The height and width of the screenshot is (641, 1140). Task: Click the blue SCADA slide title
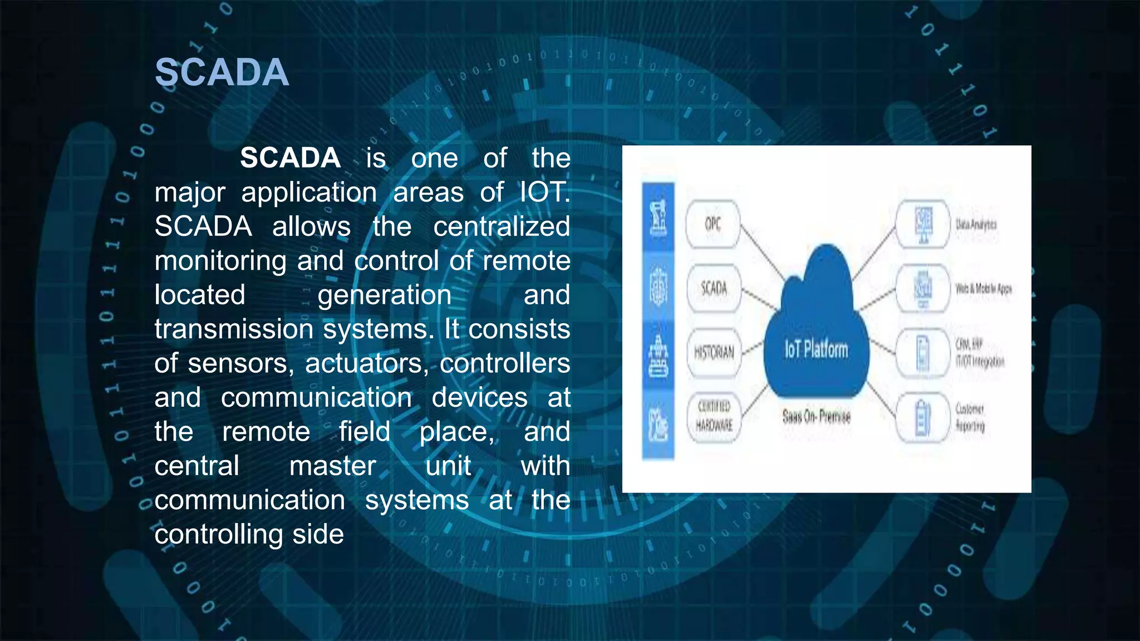(x=222, y=72)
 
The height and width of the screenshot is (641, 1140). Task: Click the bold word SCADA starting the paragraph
(x=290, y=158)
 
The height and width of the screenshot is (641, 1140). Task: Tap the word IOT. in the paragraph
(x=544, y=193)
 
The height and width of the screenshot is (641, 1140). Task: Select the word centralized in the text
(x=502, y=227)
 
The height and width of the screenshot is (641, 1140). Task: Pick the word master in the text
(x=332, y=466)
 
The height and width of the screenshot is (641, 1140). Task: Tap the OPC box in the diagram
(x=712, y=224)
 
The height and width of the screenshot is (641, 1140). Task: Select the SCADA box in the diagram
(x=714, y=288)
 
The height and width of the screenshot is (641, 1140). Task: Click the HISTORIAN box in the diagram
(x=714, y=353)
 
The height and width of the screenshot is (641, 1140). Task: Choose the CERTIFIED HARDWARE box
(x=714, y=416)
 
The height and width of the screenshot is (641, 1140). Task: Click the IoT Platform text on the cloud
(x=816, y=349)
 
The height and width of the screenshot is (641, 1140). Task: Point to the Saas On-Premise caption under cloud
(x=816, y=416)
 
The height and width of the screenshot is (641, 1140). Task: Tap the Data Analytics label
(x=976, y=225)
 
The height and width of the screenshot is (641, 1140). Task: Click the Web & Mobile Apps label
(x=983, y=289)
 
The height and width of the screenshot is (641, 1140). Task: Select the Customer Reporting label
(x=970, y=417)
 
